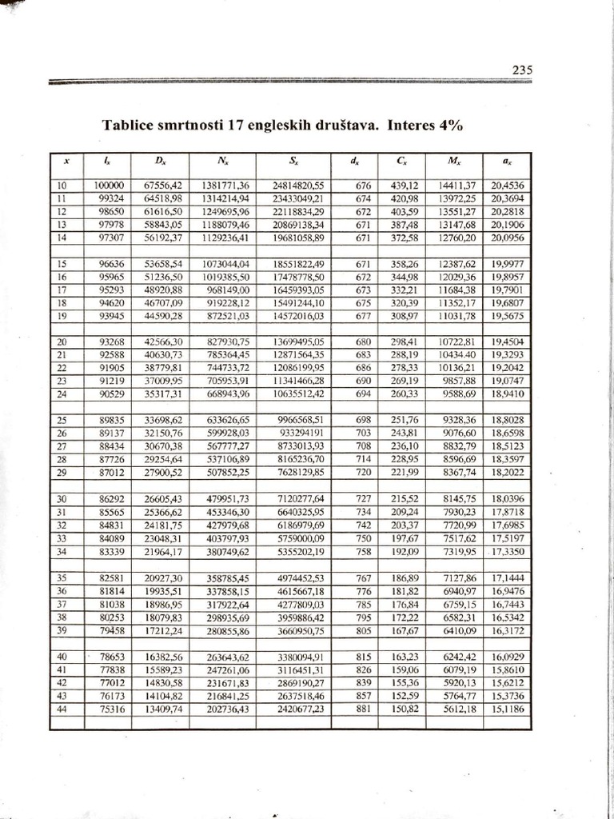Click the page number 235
tap(522, 70)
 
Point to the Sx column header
tap(295, 161)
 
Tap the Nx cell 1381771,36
tap(226, 185)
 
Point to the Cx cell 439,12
tap(404, 185)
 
